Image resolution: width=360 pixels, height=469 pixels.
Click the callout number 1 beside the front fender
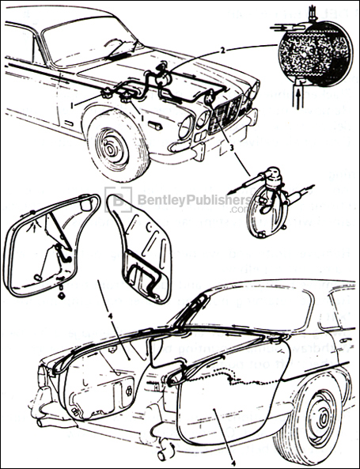[x=72, y=104]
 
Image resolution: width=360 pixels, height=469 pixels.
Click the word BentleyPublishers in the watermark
[x=182, y=201]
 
